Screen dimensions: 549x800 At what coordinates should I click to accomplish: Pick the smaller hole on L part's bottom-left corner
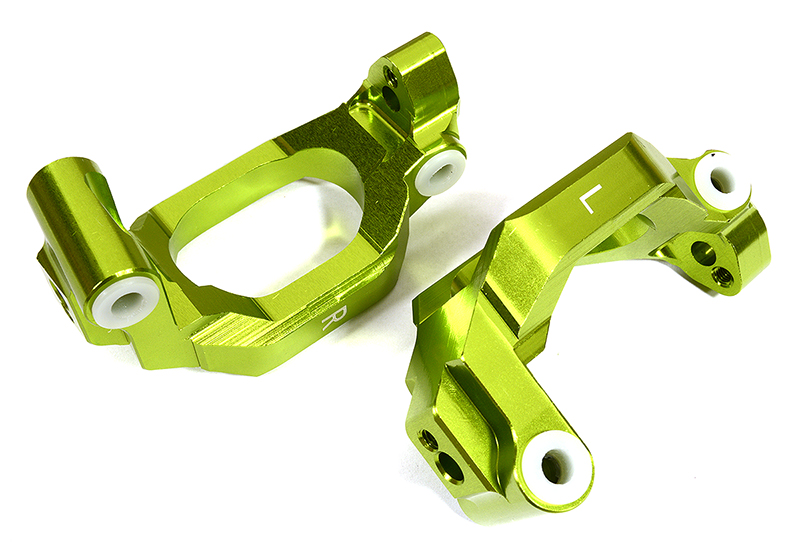tap(429, 440)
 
